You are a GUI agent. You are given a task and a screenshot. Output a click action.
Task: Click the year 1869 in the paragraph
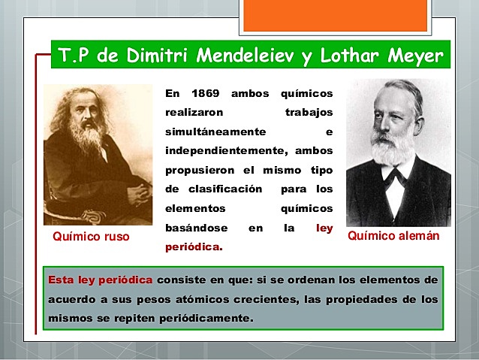(203, 94)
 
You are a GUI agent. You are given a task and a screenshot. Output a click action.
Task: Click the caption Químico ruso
(91, 237)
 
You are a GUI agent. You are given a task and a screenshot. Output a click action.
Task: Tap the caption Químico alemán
(393, 236)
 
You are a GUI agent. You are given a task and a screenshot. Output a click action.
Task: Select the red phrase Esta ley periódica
(101, 280)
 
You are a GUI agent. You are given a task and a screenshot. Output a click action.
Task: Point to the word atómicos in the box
(232, 299)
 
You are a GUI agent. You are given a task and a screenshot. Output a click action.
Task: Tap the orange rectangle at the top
(336, 15)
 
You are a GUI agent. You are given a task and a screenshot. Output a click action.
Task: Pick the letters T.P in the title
(76, 56)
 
